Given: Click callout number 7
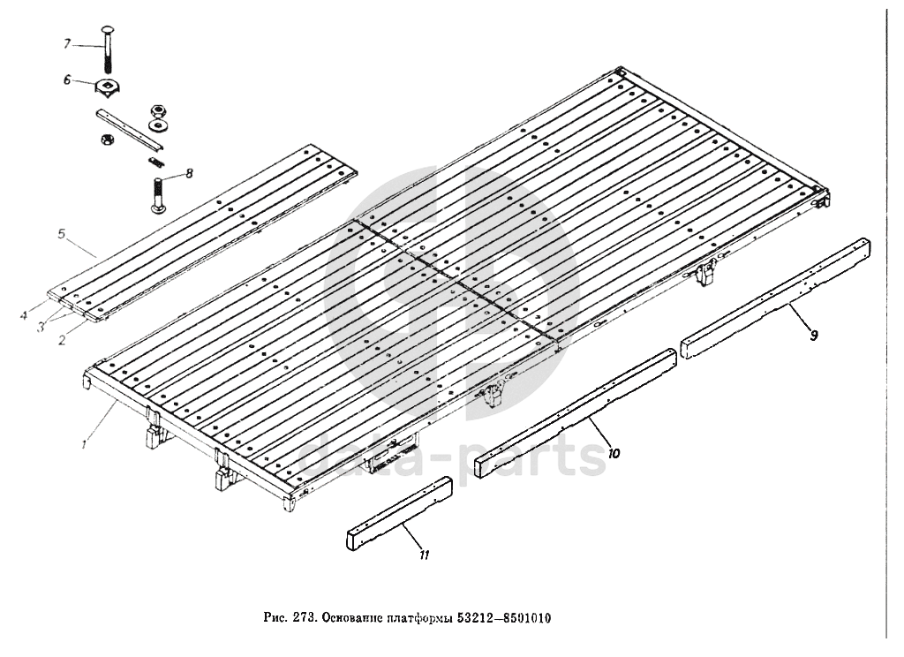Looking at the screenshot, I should [x=65, y=43].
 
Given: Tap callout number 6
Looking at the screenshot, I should [x=65, y=79].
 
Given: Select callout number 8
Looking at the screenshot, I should [x=189, y=173].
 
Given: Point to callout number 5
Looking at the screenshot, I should [x=62, y=235].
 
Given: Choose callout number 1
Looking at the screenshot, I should [x=85, y=444].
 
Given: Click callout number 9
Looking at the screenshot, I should [x=813, y=334].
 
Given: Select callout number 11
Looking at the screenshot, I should [x=424, y=554].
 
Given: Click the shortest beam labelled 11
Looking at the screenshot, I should [x=400, y=512].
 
